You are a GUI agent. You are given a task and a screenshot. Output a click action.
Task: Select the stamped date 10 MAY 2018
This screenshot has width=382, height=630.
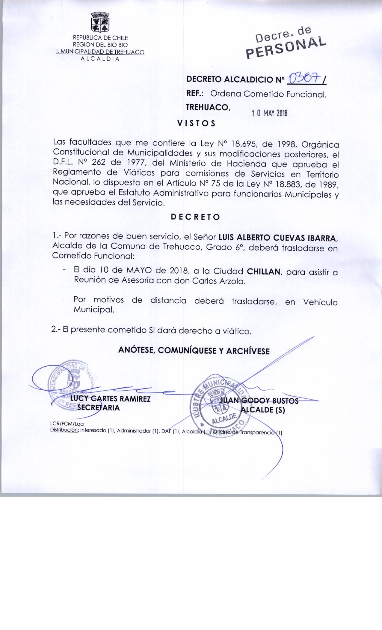pyautogui.click(x=269, y=113)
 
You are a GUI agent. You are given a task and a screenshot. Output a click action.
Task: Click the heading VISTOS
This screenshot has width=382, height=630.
pyautogui.click(x=196, y=124)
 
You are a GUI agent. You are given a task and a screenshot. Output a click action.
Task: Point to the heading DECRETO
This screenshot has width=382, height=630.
pyautogui.click(x=195, y=217)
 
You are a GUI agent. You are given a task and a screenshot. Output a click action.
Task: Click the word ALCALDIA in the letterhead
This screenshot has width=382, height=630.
pyautogui.click(x=100, y=59)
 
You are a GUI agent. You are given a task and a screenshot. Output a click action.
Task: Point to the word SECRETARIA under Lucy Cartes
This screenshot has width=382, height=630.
pyautogui.click(x=99, y=408)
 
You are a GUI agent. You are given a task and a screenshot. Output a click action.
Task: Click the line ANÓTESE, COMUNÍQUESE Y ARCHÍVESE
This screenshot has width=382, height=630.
pyautogui.click(x=194, y=351)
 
